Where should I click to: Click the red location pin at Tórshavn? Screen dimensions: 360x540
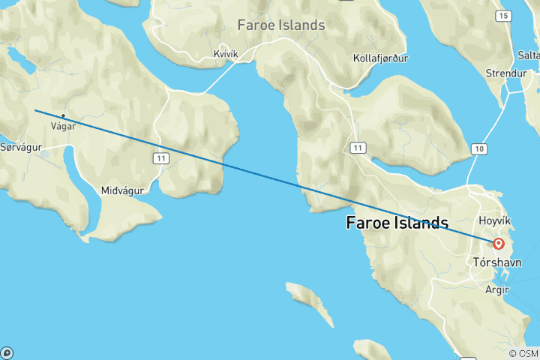(499, 244)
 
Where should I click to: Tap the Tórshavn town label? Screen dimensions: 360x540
(499, 262)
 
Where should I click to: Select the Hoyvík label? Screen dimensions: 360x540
(495, 222)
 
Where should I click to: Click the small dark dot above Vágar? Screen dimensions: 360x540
(63, 115)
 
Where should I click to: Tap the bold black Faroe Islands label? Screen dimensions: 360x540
(397, 223)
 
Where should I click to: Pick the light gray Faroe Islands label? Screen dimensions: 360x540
(281, 25)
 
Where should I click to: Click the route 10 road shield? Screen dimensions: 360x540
(478, 150)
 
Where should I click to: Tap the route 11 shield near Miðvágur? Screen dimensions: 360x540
(160, 157)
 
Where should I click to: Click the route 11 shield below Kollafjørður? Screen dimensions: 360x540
(359, 148)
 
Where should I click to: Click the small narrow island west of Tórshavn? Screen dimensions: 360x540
(310, 301)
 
